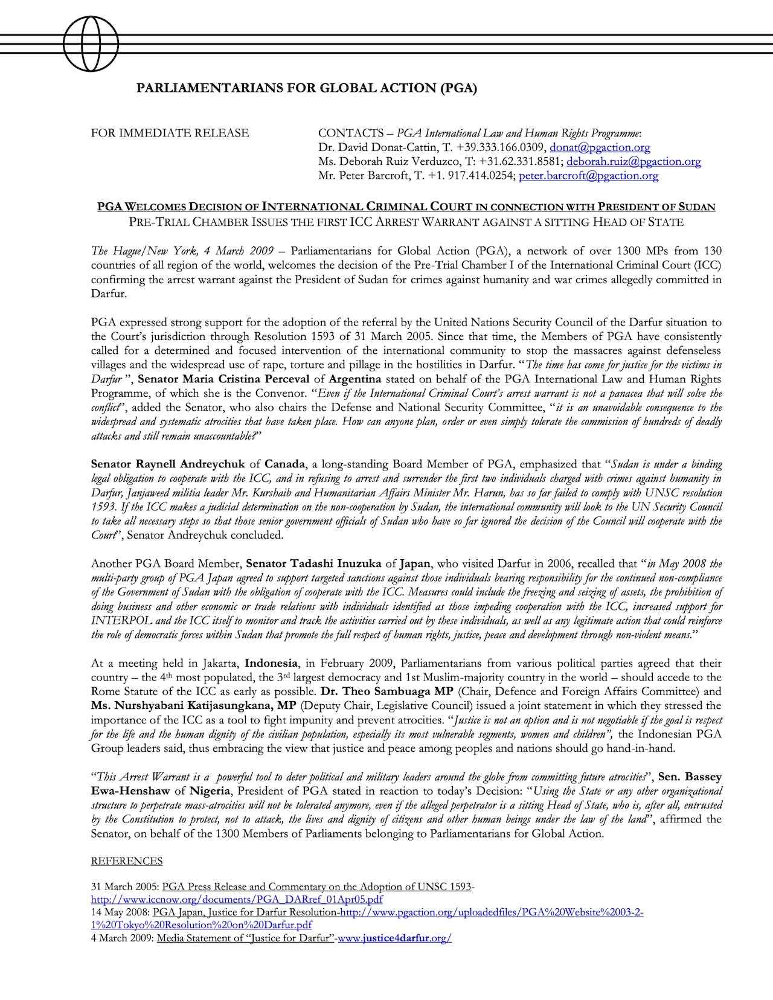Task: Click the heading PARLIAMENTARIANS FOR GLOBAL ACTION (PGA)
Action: click(x=307, y=89)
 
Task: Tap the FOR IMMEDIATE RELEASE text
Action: click(x=170, y=133)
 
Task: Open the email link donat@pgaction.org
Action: click(x=599, y=147)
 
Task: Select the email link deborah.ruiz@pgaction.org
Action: click(x=633, y=162)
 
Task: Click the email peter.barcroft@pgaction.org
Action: click(x=588, y=176)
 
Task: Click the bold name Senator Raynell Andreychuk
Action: click(x=168, y=464)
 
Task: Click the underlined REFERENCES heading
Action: click(x=127, y=861)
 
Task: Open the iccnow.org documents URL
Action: click(x=237, y=900)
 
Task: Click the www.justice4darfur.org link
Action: click(x=395, y=938)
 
